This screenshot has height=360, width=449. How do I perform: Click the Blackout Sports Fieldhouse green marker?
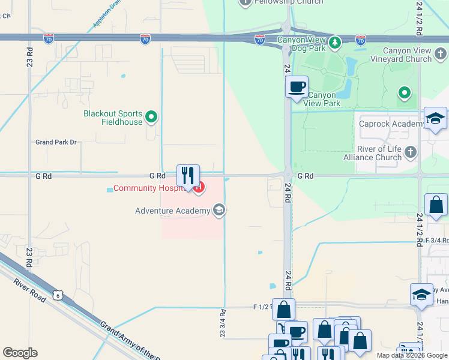tap(151, 117)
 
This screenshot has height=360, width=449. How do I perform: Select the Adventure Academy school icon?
tap(219, 210)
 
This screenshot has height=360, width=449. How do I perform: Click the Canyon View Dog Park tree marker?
tap(335, 42)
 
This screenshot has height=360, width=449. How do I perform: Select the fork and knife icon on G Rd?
tap(188, 176)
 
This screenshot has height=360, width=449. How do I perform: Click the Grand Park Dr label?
tap(56, 142)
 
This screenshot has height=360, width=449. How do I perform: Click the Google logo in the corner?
tap(20, 352)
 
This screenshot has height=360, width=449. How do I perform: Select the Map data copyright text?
tap(412, 355)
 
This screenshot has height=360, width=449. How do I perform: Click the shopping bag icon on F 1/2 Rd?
tap(283, 310)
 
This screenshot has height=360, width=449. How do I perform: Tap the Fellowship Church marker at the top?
tap(245, 2)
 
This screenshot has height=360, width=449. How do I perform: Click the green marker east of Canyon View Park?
tap(405, 92)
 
